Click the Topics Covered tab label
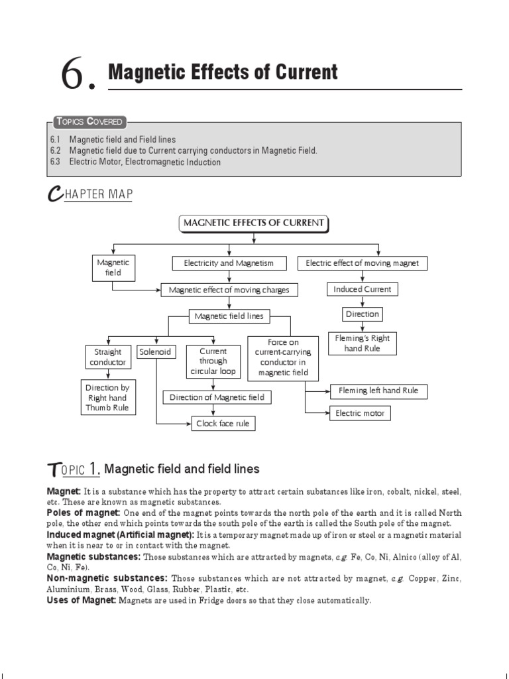coord(89,121)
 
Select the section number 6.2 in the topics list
coord(55,151)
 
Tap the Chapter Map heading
coord(90,194)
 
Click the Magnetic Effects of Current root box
coord(254,223)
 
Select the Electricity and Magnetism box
coord(228,263)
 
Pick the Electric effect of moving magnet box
coord(362,263)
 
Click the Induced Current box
coord(362,289)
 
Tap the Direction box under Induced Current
coord(362,314)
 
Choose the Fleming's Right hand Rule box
coord(362,343)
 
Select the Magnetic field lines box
coord(229,316)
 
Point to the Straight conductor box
coord(107,357)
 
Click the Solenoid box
coord(156,351)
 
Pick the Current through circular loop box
coord(208,361)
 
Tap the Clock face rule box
coord(223,423)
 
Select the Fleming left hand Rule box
coord(378,391)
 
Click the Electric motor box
coord(360,413)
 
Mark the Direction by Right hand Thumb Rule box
coord(107,398)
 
